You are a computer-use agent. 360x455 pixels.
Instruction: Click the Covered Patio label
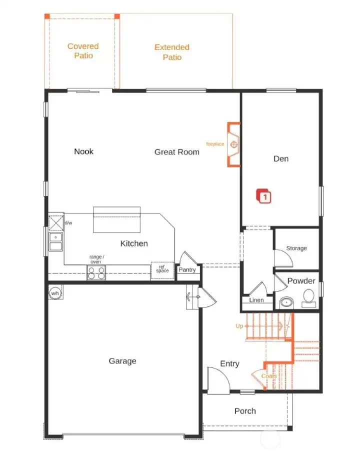pyautogui.click(x=83, y=51)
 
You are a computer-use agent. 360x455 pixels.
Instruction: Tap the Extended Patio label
pyautogui.click(x=171, y=52)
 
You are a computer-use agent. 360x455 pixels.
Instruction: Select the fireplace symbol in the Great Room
pyautogui.click(x=233, y=144)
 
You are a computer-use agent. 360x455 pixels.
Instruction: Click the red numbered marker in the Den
pyautogui.click(x=264, y=196)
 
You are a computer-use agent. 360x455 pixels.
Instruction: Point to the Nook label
pyautogui.click(x=83, y=151)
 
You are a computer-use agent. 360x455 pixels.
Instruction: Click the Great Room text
pyautogui.click(x=176, y=152)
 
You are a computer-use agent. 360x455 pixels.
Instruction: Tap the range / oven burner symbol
pyautogui.click(x=96, y=272)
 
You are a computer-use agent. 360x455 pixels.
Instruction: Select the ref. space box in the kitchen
pyautogui.click(x=162, y=269)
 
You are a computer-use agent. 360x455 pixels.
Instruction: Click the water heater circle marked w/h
pyautogui.click(x=56, y=293)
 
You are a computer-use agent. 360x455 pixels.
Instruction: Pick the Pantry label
pyautogui.click(x=187, y=270)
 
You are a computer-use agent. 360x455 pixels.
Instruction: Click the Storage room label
pyautogui.click(x=296, y=248)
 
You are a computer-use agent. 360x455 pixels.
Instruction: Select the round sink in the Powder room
pyautogui.click(x=286, y=302)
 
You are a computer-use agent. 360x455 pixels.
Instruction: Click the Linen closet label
pyautogui.click(x=256, y=300)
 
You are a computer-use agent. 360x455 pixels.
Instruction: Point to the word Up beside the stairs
pyautogui.click(x=239, y=326)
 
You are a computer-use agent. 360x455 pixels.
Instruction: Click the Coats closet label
pyautogui.click(x=269, y=375)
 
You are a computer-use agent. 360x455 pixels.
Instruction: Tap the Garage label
pyautogui.click(x=122, y=361)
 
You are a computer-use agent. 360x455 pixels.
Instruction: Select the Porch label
pyautogui.click(x=245, y=411)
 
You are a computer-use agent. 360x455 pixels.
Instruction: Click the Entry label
pyautogui.click(x=229, y=364)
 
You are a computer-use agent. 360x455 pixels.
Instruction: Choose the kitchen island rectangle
pyautogui.click(x=116, y=220)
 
